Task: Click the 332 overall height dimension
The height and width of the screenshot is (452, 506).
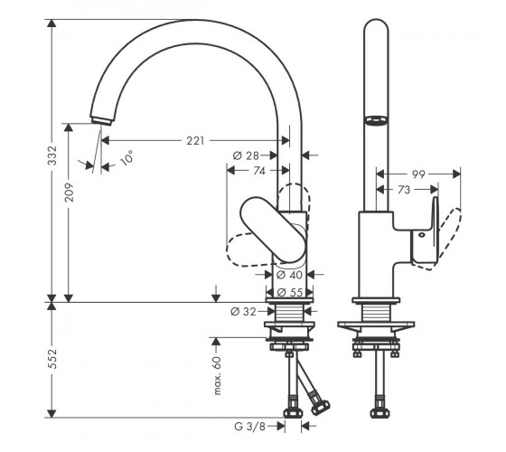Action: coord(52,155)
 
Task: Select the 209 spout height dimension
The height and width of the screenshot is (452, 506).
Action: coord(69,193)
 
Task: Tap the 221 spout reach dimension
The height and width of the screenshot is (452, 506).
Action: coord(195,141)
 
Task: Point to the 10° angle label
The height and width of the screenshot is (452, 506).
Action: coord(126,158)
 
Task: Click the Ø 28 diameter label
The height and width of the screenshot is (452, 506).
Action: coord(246,155)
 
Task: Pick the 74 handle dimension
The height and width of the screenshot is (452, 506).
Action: coord(259,171)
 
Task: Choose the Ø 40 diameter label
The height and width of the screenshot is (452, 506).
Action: coord(289,275)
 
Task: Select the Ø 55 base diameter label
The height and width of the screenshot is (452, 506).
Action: coord(290,292)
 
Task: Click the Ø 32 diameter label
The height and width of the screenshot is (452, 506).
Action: coord(243,312)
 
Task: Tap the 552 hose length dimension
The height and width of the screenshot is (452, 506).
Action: coord(52,359)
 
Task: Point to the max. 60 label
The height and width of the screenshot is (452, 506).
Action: coord(218,375)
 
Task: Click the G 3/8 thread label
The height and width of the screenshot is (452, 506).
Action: coord(249,427)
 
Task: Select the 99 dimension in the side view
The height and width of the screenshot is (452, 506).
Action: coord(418,174)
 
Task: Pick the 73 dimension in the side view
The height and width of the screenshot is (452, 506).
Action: coord(404,190)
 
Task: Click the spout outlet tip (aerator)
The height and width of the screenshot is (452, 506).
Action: coord(101,121)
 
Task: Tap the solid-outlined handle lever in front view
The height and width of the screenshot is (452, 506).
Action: coord(273,229)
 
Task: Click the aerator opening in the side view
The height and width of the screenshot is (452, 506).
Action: coord(376,120)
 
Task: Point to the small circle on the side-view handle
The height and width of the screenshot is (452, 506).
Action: coord(421,235)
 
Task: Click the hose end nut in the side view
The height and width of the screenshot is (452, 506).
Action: coord(379,413)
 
